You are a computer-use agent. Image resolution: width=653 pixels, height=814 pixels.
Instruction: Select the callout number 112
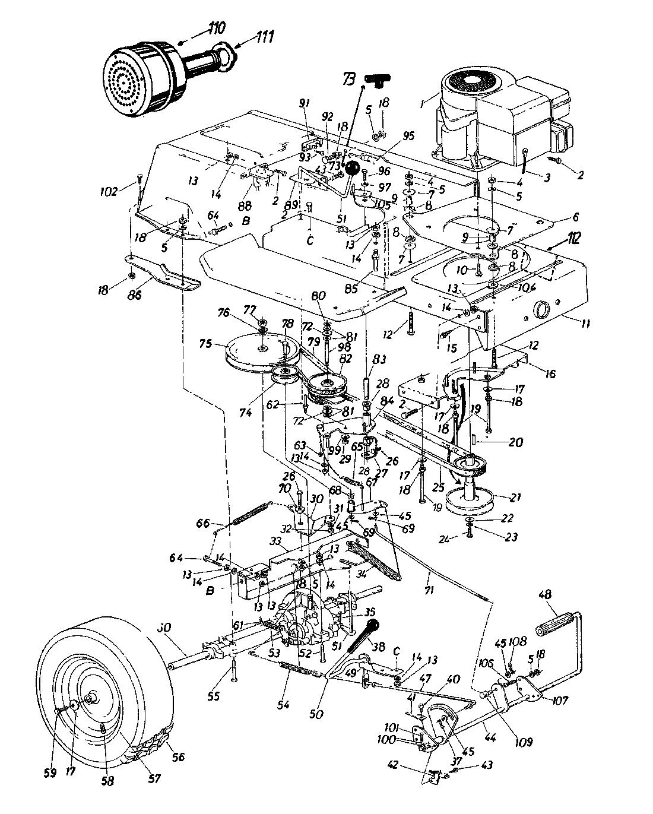[574, 239]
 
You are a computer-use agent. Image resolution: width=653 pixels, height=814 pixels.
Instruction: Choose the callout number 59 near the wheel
[51, 772]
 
